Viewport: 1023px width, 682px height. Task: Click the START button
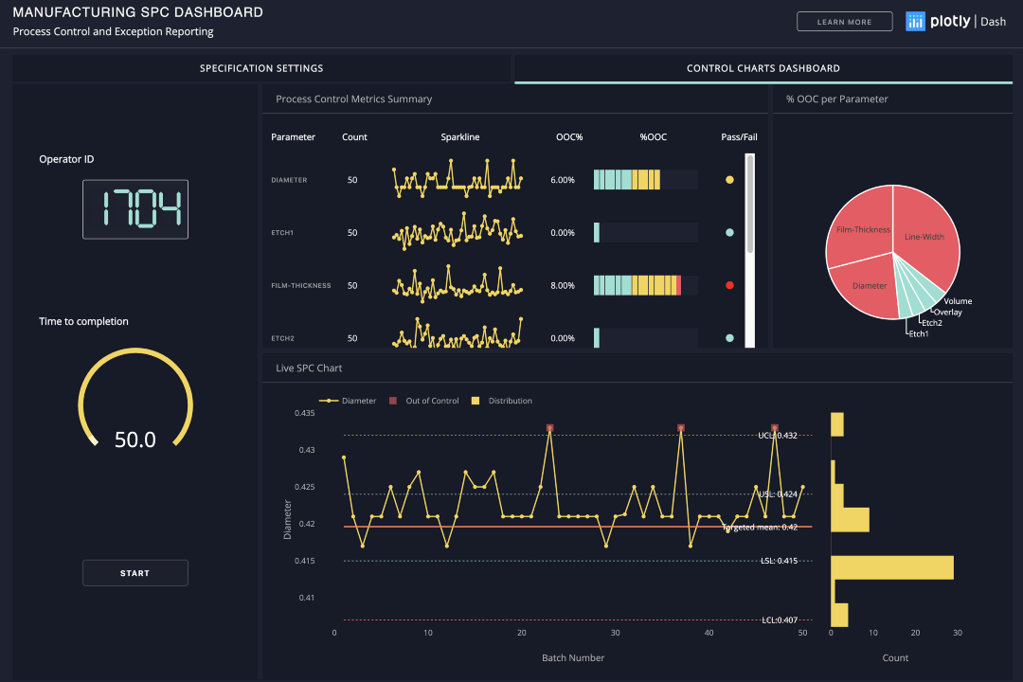click(135, 573)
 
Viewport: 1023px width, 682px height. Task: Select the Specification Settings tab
click(261, 68)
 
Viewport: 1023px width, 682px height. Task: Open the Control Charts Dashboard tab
click(763, 68)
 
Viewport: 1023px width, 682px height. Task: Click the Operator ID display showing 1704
click(135, 209)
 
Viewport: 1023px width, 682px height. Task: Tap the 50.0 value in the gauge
click(135, 440)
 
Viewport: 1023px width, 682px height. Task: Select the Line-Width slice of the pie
click(925, 237)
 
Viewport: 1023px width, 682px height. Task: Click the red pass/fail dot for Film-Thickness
click(729, 285)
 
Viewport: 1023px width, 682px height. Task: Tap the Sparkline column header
click(460, 137)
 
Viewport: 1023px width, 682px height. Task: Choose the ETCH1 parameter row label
click(283, 233)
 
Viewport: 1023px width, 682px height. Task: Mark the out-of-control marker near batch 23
click(549, 428)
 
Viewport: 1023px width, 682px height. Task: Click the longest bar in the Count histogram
click(892, 567)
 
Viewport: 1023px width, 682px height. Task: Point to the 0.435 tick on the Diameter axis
click(304, 413)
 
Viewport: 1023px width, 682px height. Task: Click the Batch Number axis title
click(573, 657)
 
